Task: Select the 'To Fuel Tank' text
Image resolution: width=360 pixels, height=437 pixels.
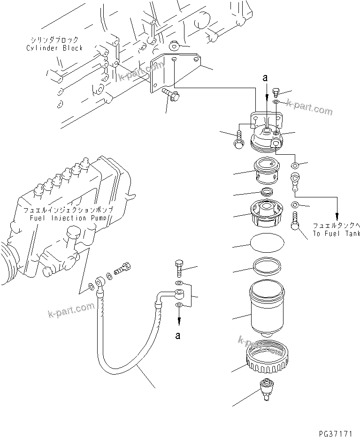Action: coord(337,233)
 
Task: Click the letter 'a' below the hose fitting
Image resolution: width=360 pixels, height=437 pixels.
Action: coord(177,335)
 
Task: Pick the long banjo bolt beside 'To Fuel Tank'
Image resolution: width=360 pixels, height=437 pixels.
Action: coord(296,220)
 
